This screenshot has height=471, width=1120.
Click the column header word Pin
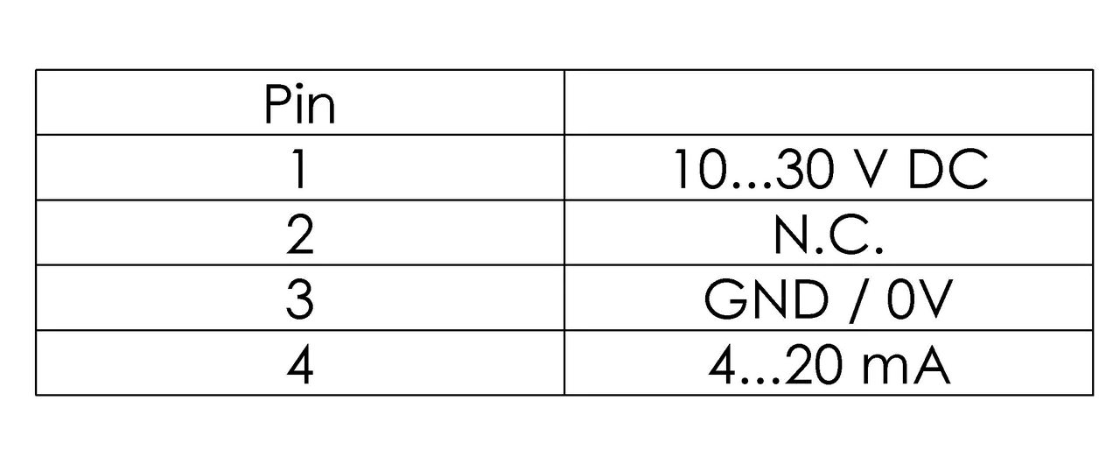pos(299,104)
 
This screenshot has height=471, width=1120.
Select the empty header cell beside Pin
pos(829,102)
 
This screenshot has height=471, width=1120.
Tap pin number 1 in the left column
pos(299,168)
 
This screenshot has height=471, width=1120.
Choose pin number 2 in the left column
pos(300,234)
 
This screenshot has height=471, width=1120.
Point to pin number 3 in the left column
pos(300,299)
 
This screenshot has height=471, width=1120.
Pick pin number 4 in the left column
pos(300,365)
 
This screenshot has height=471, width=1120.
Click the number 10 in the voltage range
pos(699,168)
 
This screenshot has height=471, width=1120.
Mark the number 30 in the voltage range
pos(805,168)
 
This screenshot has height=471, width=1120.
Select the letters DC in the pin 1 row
pos(948,168)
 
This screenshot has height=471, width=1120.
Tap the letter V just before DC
pos(871,168)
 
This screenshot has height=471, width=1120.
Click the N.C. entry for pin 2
pos(829,234)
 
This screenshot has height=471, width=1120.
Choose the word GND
pos(766,299)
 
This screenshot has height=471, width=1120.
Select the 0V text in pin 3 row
pos(920,299)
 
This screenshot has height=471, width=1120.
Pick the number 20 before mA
pos(814,365)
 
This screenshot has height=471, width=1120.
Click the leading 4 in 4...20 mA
pos(722,365)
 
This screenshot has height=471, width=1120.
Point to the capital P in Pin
pos(277,104)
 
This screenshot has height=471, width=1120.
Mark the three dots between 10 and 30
pos(751,185)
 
